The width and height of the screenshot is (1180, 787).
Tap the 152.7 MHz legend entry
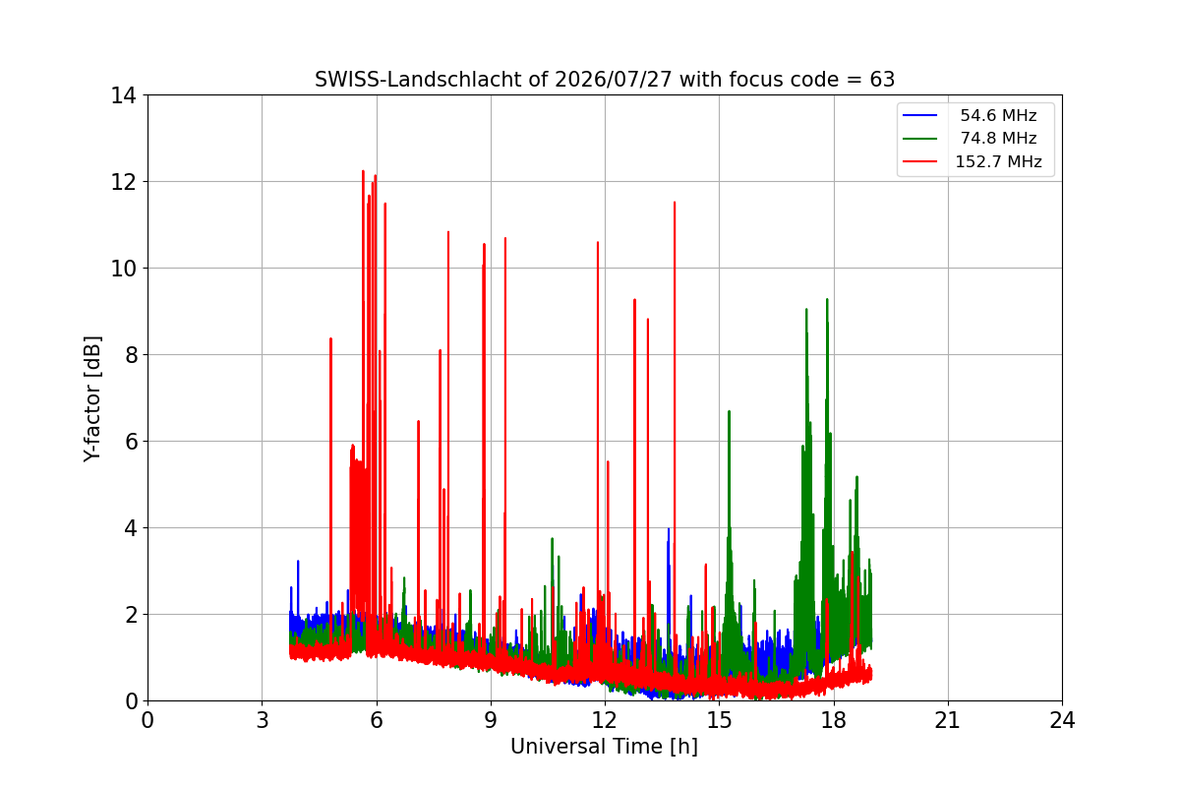pyautogui.click(x=973, y=161)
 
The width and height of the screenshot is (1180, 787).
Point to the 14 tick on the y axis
pyautogui.click(x=123, y=95)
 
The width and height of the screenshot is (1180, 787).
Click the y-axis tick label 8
pyautogui.click(x=131, y=355)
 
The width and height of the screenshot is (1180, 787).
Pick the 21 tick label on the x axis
pyautogui.click(x=948, y=720)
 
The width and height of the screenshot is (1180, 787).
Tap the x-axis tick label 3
pyautogui.click(x=263, y=720)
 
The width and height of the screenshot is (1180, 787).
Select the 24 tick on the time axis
pyautogui.click(x=1062, y=720)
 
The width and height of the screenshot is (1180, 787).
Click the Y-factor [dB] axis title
pyautogui.click(x=92, y=399)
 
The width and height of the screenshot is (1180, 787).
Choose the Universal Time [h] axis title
pyautogui.click(x=604, y=747)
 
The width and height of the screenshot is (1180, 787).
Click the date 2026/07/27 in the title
pyautogui.click(x=614, y=80)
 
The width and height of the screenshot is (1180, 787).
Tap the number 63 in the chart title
pyautogui.click(x=882, y=80)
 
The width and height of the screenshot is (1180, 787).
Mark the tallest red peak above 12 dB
pyautogui.click(x=363, y=172)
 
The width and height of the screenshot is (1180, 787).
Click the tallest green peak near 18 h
pyautogui.click(x=827, y=300)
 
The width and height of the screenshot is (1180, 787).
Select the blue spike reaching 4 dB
pyautogui.click(x=669, y=529)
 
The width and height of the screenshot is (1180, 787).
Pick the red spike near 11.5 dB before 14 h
pyautogui.click(x=675, y=203)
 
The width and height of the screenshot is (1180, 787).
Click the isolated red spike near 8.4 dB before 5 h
pyautogui.click(x=330, y=339)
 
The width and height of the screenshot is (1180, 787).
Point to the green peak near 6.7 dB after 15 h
pyautogui.click(x=729, y=411)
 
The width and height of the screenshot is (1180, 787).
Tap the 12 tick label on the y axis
pyautogui.click(x=123, y=182)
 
